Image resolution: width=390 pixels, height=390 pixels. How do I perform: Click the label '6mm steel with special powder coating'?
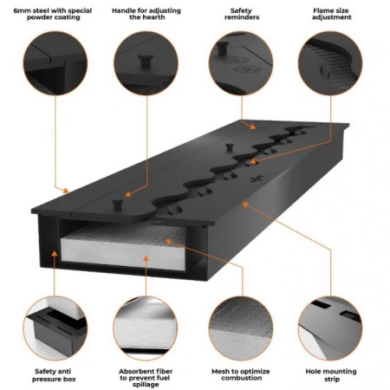[x=53, y=14]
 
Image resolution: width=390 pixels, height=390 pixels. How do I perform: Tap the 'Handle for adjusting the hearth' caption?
[x=146, y=14]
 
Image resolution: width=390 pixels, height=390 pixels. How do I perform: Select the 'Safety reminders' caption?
[x=242, y=14]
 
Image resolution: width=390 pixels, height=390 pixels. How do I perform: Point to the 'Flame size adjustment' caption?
[x=331, y=14]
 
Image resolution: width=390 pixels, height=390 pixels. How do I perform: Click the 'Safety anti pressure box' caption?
[x=54, y=375]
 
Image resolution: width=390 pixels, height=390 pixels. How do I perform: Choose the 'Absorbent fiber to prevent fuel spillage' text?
[x=146, y=378]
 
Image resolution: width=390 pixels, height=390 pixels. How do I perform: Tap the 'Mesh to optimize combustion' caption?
[x=241, y=374]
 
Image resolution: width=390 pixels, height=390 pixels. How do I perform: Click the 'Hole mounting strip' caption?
[x=331, y=375]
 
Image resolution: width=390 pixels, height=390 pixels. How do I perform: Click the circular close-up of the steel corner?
[x=55, y=63]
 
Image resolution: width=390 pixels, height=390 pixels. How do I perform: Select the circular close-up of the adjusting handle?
[x=146, y=63]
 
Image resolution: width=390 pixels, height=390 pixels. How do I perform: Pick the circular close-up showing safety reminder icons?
[x=241, y=63]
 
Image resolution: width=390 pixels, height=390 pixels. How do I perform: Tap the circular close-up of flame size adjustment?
[x=330, y=63]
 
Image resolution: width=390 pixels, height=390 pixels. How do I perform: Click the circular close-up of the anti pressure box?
[x=55, y=328]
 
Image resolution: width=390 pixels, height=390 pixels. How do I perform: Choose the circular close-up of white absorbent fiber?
[x=146, y=328]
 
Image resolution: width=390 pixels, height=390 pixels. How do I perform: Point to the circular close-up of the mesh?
[x=241, y=328]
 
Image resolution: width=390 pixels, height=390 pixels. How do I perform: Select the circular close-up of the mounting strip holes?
[x=330, y=328]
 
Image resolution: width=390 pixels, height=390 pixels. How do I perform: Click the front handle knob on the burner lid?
[x=118, y=205]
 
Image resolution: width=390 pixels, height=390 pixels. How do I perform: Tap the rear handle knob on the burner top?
[x=230, y=147]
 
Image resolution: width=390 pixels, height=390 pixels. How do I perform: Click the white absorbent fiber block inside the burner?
[x=124, y=249]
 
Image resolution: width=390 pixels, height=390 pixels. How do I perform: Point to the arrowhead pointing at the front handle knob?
[x=128, y=194]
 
